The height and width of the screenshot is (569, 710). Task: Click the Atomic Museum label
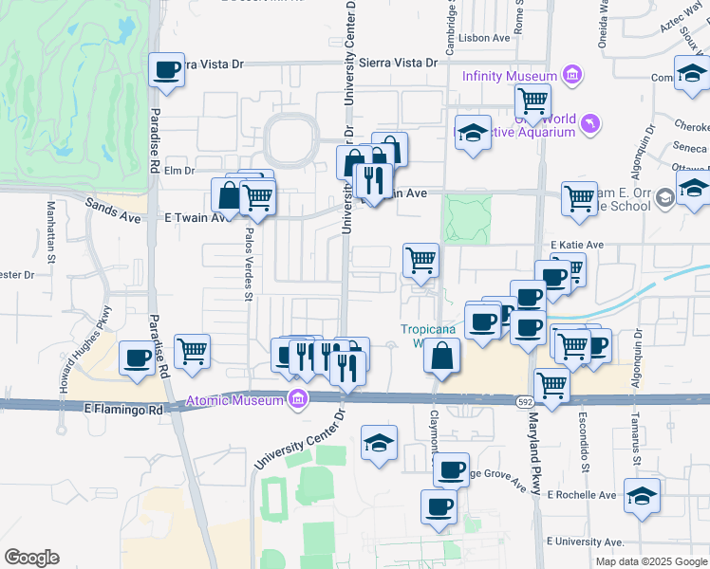point(234,400)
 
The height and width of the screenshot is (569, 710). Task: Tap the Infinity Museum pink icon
point(571,75)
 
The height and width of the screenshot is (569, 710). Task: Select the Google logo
point(31,558)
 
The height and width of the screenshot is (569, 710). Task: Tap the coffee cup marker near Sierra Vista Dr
point(167,69)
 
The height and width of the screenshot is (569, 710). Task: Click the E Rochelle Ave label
point(584,495)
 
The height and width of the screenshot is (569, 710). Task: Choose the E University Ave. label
point(586,541)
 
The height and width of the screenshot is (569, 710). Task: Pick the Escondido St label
point(586,445)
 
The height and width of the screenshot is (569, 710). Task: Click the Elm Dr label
point(178,171)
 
